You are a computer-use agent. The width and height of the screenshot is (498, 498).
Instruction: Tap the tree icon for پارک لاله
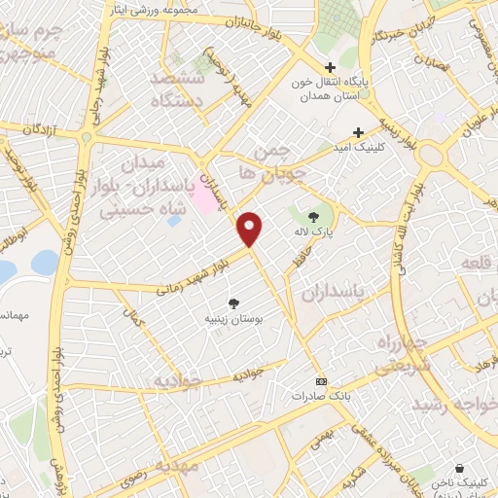[313, 217]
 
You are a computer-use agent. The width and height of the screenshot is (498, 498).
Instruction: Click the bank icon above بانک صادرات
[322, 381]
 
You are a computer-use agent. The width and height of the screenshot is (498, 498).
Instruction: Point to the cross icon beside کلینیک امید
[358, 131]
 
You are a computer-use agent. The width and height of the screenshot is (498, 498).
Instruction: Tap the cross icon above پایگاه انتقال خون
[331, 67]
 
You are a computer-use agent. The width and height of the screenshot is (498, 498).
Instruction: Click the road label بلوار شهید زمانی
[196, 270]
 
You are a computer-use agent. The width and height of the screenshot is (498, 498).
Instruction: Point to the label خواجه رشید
[452, 402]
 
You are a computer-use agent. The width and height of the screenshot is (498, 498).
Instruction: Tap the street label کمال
[130, 315]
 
